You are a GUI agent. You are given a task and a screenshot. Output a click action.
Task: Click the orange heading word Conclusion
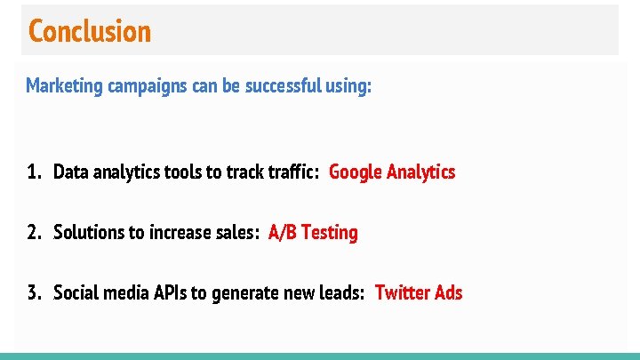point(90,31)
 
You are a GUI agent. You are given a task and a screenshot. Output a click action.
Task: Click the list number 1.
point(33,172)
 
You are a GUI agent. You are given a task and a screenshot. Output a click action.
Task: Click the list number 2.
point(33,232)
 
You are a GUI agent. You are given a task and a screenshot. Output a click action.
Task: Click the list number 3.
point(33,292)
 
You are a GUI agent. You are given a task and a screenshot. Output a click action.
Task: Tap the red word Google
point(356,172)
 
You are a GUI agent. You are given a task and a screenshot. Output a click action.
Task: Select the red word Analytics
point(422,172)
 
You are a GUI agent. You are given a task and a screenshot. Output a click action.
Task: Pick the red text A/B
point(283,232)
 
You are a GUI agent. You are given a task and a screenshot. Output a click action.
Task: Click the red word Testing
point(330,233)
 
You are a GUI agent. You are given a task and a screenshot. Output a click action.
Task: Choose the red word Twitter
point(402,292)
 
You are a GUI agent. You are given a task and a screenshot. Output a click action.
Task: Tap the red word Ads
point(448,292)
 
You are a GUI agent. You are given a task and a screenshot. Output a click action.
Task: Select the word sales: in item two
point(237,232)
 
